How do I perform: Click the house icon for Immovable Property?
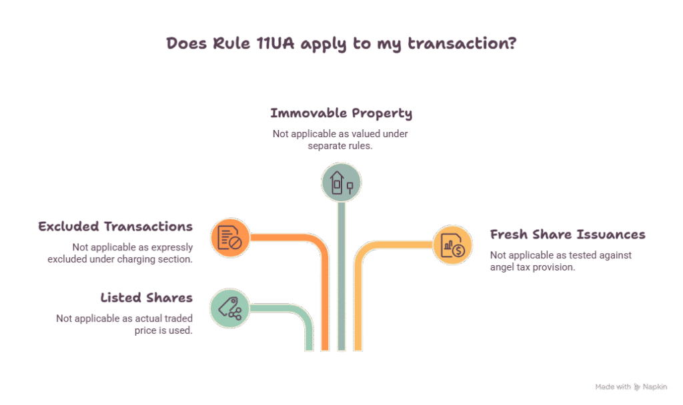pyautogui.click(x=341, y=183)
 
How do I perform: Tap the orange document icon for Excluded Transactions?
pyautogui.click(x=230, y=238)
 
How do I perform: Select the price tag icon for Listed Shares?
pyautogui.click(x=229, y=308)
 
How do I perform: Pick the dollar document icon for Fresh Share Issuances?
pyautogui.click(x=453, y=245)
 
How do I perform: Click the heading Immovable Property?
pyautogui.click(x=341, y=113)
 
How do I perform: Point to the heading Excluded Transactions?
pyautogui.click(x=115, y=226)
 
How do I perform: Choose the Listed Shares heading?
pyautogui.click(x=146, y=298)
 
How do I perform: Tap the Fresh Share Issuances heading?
pyautogui.click(x=568, y=234)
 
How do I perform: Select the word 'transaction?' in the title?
pyautogui.click(x=462, y=43)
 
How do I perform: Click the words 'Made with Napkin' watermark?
pyautogui.click(x=631, y=386)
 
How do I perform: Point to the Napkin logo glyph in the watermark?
pyautogui.click(x=637, y=386)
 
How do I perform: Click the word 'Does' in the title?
pyautogui.click(x=187, y=43)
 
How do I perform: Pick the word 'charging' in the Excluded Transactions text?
pyautogui.click(x=141, y=259)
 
